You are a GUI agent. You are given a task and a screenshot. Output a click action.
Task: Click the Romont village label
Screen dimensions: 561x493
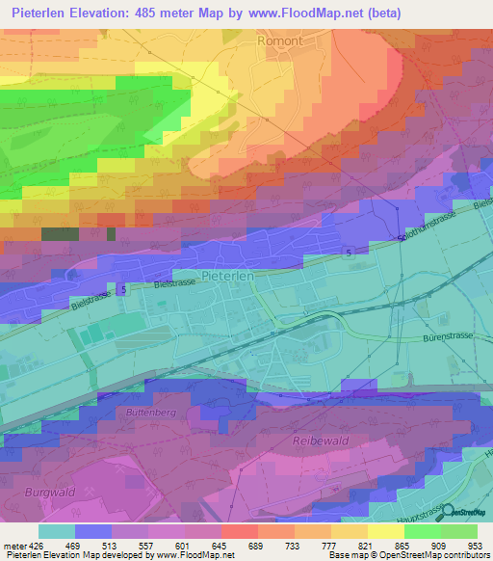(280, 41)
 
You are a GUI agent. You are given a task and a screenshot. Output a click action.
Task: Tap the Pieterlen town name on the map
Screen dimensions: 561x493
(228, 276)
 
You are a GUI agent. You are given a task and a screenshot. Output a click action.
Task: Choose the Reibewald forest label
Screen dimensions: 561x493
(317, 440)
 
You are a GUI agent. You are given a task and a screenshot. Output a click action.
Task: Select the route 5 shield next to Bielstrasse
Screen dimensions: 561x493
(123, 289)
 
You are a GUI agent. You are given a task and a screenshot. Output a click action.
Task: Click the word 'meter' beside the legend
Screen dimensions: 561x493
(16, 546)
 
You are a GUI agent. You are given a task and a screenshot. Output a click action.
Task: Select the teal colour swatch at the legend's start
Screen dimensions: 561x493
(56, 531)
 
